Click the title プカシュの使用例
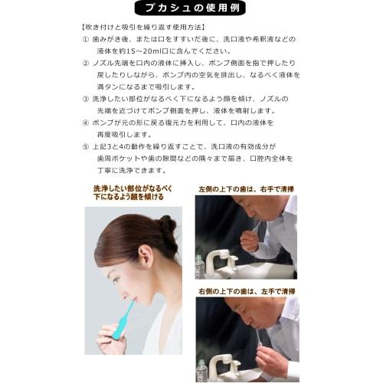191,9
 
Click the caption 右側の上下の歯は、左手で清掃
246,290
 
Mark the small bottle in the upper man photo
200,265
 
